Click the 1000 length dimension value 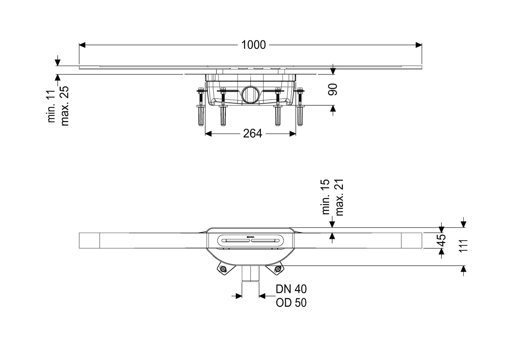tap(254, 45)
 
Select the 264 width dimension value tap(252, 134)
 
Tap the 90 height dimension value tap(332, 89)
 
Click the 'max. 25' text tap(65, 106)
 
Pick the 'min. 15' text tap(325, 196)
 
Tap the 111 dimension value tap(463, 246)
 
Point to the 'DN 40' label tap(291, 289)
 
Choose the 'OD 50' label tap(291, 303)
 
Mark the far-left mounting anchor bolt tap(201, 107)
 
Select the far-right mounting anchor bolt tap(300, 107)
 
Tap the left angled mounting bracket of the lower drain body tap(223, 269)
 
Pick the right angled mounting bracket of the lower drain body tap(277, 269)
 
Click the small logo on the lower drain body tap(250, 237)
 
